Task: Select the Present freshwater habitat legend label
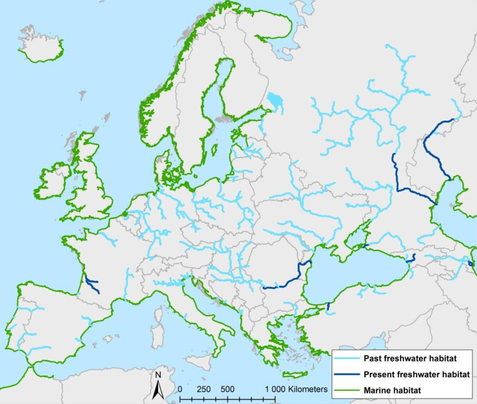coord(417,375)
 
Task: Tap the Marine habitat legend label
coord(392,391)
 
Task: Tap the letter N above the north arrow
coord(158,375)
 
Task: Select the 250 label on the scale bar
coord(204,389)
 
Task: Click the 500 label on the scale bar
coord(227,389)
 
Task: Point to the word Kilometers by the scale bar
coord(308,389)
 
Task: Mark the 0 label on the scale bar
coord(180,389)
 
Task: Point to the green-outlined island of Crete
coord(294,375)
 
